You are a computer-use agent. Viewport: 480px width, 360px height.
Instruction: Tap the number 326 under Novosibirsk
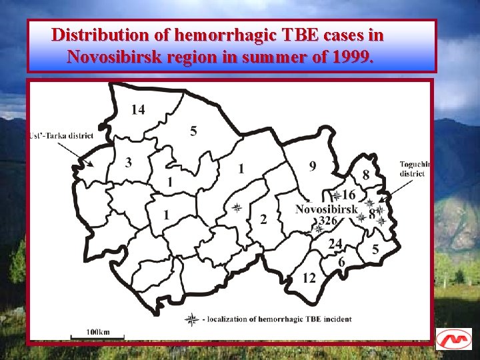(x=328, y=221)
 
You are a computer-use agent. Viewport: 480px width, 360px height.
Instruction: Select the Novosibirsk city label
(x=327, y=209)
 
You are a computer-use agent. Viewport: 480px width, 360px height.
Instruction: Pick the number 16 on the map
(x=348, y=195)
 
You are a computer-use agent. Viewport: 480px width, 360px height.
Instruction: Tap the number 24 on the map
(x=335, y=243)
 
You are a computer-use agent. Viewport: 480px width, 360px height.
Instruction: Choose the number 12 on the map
(x=309, y=278)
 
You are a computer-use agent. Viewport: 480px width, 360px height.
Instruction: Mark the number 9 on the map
(x=313, y=166)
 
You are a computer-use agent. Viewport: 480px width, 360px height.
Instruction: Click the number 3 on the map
(x=128, y=162)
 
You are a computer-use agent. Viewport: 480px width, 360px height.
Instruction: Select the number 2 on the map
(x=263, y=219)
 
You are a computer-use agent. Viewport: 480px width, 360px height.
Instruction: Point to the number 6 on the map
(x=341, y=262)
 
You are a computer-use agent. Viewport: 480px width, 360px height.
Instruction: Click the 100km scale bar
(x=98, y=332)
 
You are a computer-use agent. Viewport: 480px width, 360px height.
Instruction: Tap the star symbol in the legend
(x=191, y=320)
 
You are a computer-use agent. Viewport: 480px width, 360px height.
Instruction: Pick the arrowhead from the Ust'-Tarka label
(x=91, y=164)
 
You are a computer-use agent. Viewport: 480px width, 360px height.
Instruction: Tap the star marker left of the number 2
(x=236, y=208)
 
